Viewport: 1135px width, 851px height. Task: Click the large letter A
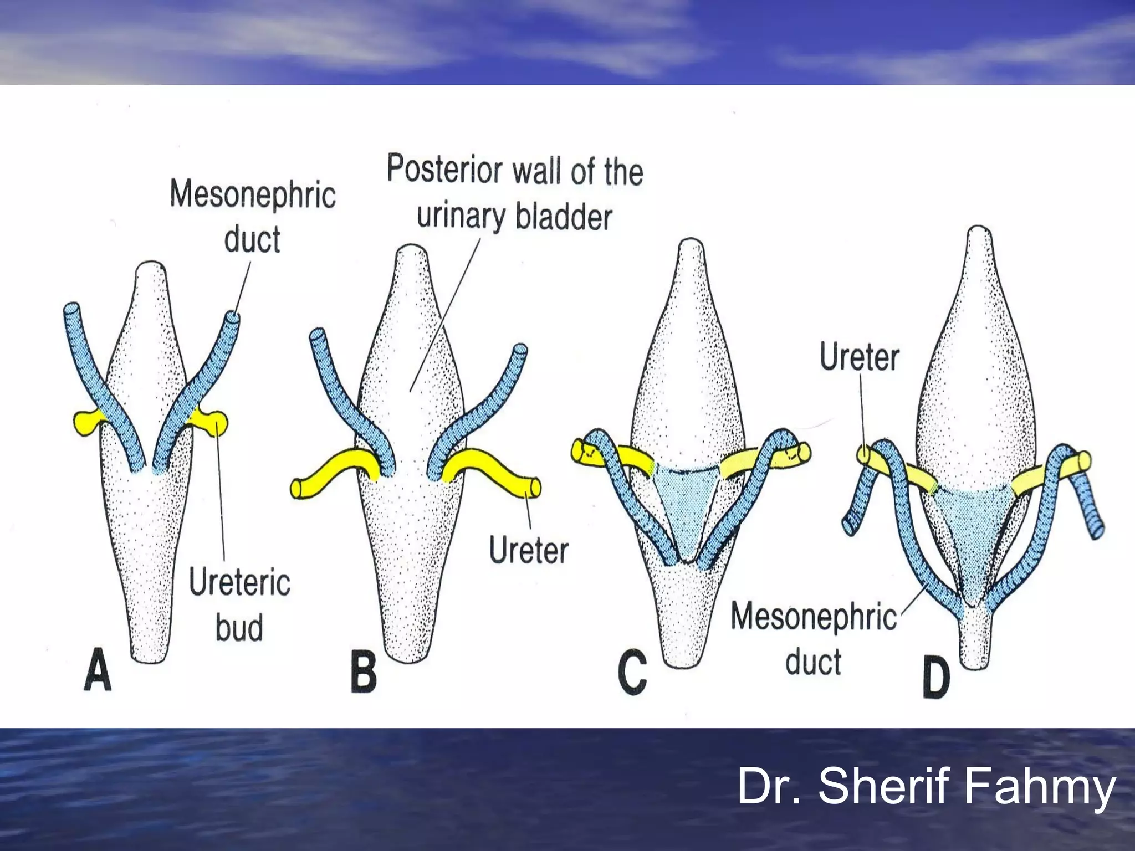[98, 671]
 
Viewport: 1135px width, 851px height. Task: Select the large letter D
[936, 679]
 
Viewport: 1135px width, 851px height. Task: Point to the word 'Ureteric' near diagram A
[239, 583]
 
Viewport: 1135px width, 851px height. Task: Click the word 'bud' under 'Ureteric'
[239, 628]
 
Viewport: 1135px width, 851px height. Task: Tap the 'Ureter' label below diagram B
[529, 551]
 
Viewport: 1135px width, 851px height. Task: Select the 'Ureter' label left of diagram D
[859, 357]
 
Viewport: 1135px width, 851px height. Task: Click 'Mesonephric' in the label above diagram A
[253, 194]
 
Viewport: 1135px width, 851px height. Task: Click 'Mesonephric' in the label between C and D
[813, 617]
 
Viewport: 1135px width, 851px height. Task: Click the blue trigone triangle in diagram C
[684, 507]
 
